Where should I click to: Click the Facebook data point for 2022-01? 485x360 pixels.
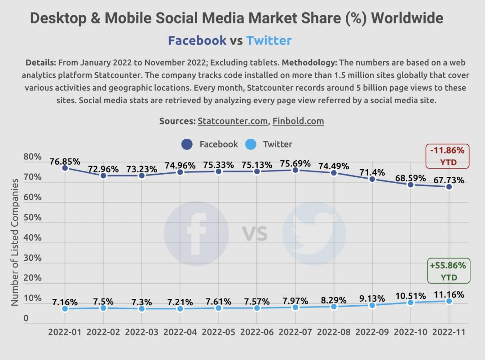pos(65,168)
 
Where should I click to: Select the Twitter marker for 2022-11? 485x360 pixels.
pos(449,301)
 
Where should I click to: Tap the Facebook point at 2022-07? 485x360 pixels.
pos(295,170)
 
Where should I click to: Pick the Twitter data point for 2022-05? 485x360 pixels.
pos(219,308)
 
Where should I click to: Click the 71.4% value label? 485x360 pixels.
pos(370,172)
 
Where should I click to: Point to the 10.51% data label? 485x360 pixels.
pos(410,296)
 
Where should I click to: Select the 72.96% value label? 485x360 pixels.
pos(103,169)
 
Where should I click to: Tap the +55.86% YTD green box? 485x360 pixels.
pos(448,271)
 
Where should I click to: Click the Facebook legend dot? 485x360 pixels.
pos(187,144)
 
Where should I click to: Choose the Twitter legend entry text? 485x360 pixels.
pos(277,144)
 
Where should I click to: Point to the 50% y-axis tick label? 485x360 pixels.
pos(32,218)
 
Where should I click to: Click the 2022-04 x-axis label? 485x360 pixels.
pos(180,332)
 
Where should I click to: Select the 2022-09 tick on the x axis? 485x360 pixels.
pos(372,332)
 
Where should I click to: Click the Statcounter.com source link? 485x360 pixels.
pos(233,121)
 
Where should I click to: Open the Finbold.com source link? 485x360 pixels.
pos(298,121)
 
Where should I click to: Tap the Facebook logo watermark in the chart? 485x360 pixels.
pos(196,233)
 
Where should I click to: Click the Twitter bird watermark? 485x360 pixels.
pos(314,233)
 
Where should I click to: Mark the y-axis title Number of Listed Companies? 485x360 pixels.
pos(15,242)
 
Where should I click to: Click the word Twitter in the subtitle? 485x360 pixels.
pos(269,40)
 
